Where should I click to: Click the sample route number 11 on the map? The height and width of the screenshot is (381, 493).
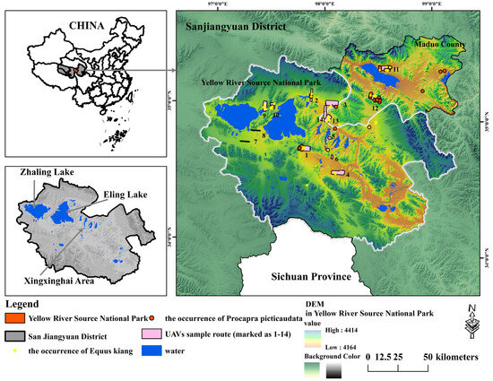pos(394,68)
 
